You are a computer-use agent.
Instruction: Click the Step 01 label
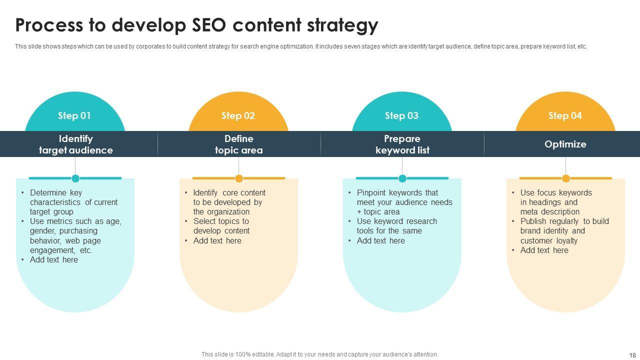pyautogui.click(x=74, y=116)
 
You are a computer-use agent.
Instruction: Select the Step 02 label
pyautogui.click(x=238, y=116)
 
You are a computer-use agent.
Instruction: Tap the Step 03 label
pyautogui.click(x=401, y=116)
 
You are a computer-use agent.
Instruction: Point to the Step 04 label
pyautogui.click(x=565, y=116)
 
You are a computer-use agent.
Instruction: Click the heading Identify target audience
pyautogui.click(x=76, y=144)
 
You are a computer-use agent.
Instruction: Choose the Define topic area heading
pyautogui.click(x=238, y=144)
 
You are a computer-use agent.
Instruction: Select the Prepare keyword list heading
pyautogui.click(x=402, y=144)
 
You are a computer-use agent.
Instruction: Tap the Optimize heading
pyautogui.click(x=565, y=144)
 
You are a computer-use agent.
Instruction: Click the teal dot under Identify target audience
pyautogui.click(x=75, y=178)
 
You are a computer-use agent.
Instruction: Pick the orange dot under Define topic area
pyautogui.click(x=239, y=178)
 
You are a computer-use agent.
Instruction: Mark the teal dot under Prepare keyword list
pyautogui.click(x=402, y=178)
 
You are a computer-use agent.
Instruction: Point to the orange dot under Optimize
pyautogui.click(x=566, y=178)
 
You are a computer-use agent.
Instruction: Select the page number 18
pyautogui.click(x=631, y=355)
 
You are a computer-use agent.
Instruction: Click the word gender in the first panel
pyautogui.click(x=42, y=231)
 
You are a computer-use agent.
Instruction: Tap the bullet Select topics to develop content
pyautogui.click(x=221, y=226)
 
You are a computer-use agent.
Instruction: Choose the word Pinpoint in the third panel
pyautogui.click(x=372, y=193)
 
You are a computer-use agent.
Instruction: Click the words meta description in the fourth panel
pyautogui.click(x=549, y=212)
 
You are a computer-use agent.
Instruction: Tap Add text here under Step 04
pyautogui.click(x=544, y=250)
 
